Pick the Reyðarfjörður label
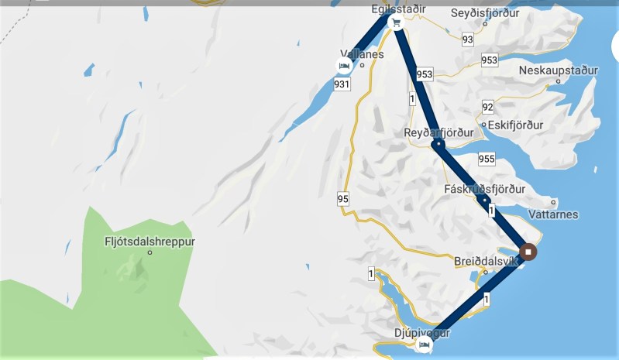[x=438, y=132]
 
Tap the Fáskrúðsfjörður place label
[x=485, y=188]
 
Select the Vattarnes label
[x=552, y=214]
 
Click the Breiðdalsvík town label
[x=485, y=261]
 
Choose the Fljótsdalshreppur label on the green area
[x=150, y=241]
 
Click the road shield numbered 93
[x=467, y=39]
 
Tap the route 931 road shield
[x=342, y=84]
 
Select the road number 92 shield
[x=487, y=107]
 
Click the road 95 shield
[x=343, y=200]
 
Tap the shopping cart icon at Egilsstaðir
[x=396, y=23]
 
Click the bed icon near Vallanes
[x=344, y=66]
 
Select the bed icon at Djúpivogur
[x=423, y=345]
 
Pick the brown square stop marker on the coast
[x=528, y=252]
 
